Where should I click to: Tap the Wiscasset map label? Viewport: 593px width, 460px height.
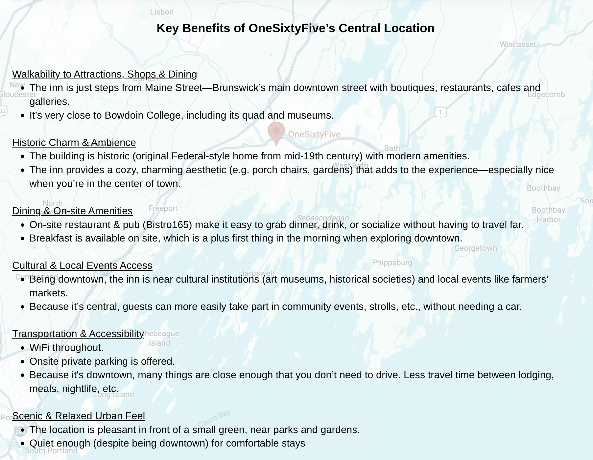[x=517, y=44]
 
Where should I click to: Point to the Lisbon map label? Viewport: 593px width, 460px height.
[x=162, y=12]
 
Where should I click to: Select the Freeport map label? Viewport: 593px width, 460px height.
[x=163, y=208]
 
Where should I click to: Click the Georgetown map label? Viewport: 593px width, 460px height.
[x=475, y=248]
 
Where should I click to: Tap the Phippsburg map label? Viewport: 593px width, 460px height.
[x=392, y=263]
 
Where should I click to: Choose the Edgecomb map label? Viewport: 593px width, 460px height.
[x=546, y=95]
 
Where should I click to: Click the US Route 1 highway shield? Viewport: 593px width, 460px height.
[x=440, y=112]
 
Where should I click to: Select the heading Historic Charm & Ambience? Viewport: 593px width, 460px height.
[x=74, y=143]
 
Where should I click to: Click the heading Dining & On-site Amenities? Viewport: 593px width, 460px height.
[x=72, y=211]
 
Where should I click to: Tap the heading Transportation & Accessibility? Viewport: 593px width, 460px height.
[x=78, y=334]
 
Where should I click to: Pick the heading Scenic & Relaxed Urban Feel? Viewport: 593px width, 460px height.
[x=79, y=416]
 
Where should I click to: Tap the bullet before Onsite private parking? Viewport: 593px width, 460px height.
[x=22, y=362]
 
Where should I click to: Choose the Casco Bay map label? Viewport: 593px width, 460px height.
[x=214, y=418]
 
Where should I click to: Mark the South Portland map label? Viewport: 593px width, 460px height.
[x=51, y=451]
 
